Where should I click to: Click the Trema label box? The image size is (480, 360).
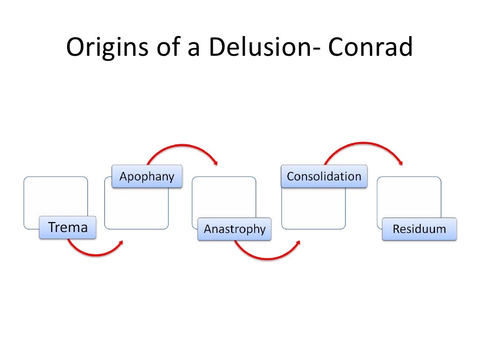pos(68,228)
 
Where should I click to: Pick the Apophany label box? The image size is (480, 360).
pos(147,177)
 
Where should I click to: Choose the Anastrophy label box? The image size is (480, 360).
pos(234,229)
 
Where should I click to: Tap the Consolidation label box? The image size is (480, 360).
pos(324,177)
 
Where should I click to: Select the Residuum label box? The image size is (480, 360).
pos(419,229)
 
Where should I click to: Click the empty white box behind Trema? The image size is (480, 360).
pos(55,197)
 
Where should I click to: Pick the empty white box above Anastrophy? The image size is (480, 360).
pos(224,197)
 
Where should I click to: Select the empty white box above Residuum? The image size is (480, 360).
pos(409,197)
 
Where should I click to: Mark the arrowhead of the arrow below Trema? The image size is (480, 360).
pos(121,242)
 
